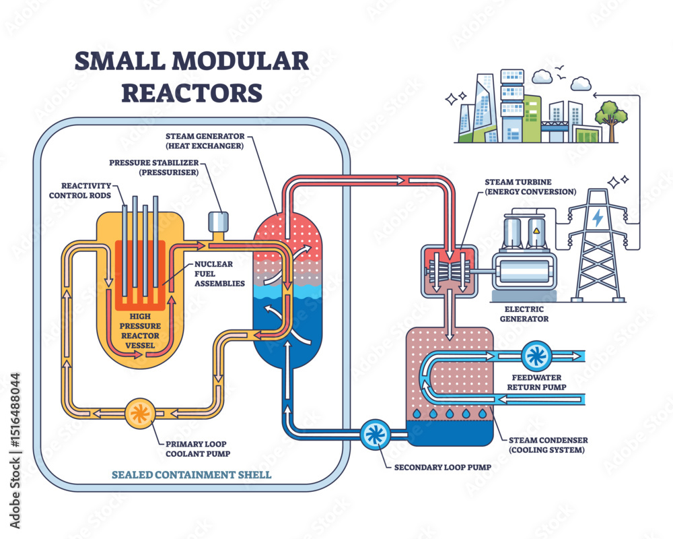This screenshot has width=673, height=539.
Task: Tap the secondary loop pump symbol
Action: point(372,435)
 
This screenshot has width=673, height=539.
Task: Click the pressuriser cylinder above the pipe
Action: point(218,221)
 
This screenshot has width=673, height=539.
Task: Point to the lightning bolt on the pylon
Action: point(597,217)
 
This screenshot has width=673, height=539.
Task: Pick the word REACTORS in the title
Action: point(191,92)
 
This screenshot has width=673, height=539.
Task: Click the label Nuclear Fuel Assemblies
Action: point(219,274)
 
